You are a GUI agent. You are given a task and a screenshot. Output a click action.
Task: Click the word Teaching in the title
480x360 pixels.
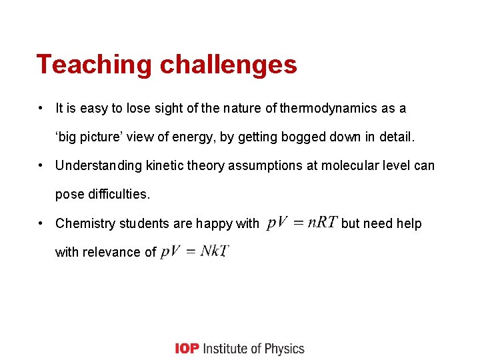pyautogui.click(x=94, y=65)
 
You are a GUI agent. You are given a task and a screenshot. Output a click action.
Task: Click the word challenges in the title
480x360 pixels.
pyautogui.click(x=228, y=65)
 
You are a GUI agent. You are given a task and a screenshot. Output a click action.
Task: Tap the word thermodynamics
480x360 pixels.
pyautogui.click(x=323, y=108)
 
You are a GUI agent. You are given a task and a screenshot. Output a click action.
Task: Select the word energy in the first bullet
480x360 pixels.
pyautogui.click(x=188, y=137)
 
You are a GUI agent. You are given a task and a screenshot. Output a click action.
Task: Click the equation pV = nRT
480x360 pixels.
pyautogui.click(x=302, y=222)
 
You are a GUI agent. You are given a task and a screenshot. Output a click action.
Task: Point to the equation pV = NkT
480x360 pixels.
pyautogui.click(x=195, y=251)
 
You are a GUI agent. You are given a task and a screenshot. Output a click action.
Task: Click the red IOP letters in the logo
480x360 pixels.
pyautogui.click(x=186, y=349)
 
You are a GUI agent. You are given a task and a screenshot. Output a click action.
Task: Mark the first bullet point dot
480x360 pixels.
pyautogui.click(x=41, y=108)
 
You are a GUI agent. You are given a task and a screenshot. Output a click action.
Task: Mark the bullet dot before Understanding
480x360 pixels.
pyautogui.click(x=41, y=165)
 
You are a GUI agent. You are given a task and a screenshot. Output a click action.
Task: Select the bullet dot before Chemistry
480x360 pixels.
pyautogui.click(x=41, y=223)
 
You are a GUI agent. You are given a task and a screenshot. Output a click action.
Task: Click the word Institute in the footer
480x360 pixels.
pyautogui.click(x=223, y=349)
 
